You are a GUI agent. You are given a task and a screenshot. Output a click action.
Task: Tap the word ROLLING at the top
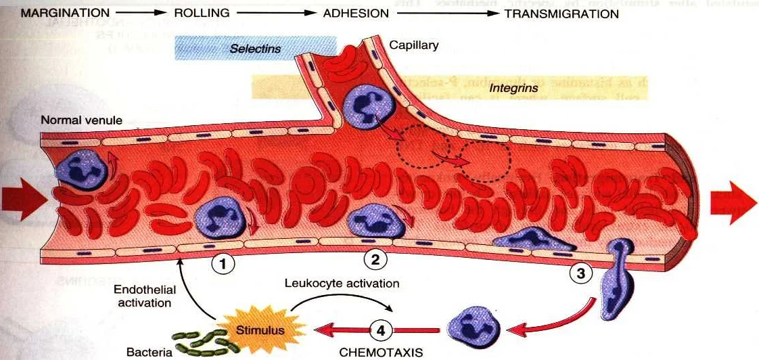pos(202,13)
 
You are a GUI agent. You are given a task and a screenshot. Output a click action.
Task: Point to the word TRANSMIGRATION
pos(562,14)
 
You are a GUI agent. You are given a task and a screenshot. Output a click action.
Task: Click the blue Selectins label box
pos(256,49)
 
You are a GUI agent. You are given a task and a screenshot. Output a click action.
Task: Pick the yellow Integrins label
pos(514,88)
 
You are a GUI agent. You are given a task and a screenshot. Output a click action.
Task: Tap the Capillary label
pos(414,46)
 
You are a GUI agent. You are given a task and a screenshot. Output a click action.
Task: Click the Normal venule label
pos(81,120)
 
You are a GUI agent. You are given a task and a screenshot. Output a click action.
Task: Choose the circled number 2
pos(375,258)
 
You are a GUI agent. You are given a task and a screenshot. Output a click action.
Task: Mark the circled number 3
pos(580,274)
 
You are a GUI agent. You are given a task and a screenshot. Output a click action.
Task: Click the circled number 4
pos(382,331)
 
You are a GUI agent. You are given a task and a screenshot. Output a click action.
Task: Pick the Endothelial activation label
pos(145,296)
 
